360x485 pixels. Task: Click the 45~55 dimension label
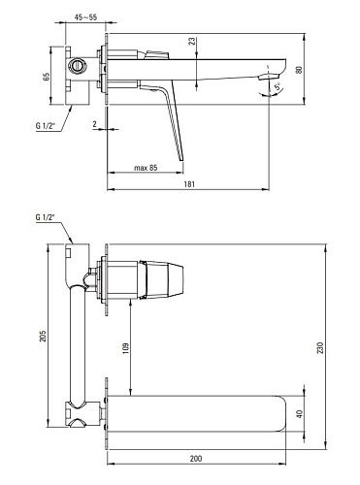[85, 17]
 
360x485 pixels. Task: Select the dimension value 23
[192, 42]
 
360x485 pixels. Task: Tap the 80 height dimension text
[299, 70]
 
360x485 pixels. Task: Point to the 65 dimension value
[46, 77]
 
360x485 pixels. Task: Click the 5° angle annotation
[278, 87]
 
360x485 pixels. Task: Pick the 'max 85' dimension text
[146, 168]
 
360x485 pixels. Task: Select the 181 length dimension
[189, 184]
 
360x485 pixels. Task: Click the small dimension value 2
[94, 124]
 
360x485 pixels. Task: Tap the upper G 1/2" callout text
[45, 126]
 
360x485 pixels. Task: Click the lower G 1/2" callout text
[45, 217]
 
